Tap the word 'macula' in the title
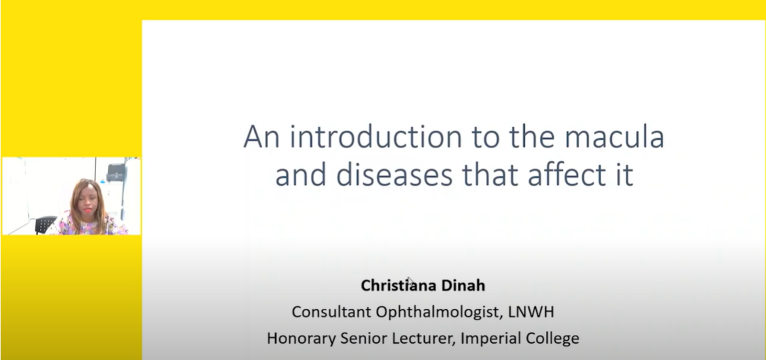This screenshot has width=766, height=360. (x=614, y=137)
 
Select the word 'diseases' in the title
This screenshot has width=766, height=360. (x=395, y=175)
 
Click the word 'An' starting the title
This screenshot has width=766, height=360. (x=261, y=137)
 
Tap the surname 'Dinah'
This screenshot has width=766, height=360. (x=463, y=285)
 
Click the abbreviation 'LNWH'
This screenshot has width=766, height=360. (x=531, y=312)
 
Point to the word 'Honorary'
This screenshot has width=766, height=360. (x=301, y=338)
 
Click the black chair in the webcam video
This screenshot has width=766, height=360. (x=45, y=224)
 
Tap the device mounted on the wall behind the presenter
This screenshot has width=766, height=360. (x=116, y=173)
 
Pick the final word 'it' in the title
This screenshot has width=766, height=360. (x=625, y=175)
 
